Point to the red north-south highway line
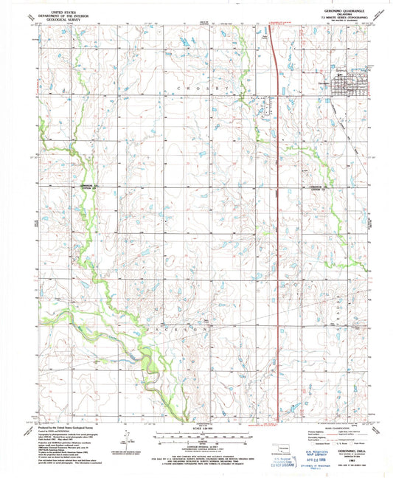[x=276, y=221]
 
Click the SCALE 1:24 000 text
[x=196, y=428]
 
